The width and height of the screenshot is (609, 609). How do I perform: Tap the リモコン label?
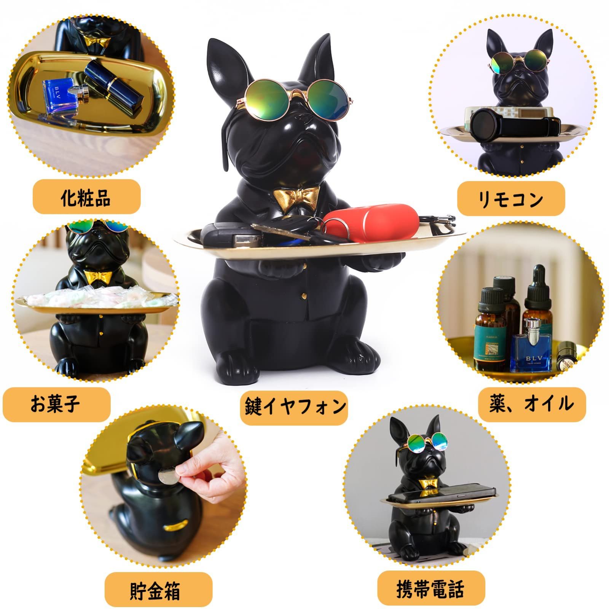coord(510,198)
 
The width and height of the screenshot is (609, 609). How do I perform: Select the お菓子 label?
coord(56,405)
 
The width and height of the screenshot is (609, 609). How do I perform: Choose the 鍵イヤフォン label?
coord(294,406)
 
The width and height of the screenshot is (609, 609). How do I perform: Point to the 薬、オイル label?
coord(532,405)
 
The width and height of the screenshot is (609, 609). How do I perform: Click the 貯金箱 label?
coord(158,590)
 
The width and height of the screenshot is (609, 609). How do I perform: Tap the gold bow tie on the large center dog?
coord(296,198)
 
